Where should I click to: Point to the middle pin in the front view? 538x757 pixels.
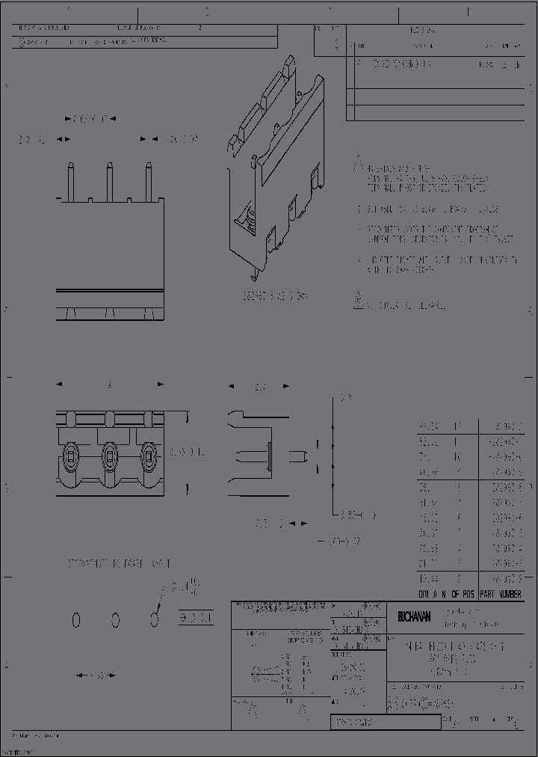[x=109, y=180]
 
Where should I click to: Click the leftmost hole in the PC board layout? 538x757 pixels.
[x=76, y=619]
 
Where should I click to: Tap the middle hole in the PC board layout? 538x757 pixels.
[x=116, y=619]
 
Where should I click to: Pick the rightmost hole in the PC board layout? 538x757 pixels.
[x=155, y=619]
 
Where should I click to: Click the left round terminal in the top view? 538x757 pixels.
[x=70, y=453]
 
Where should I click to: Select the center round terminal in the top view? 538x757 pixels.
[x=110, y=453]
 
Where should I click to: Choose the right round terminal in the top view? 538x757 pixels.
[x=149, y=453]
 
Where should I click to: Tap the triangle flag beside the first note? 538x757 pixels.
[x=359, y=163]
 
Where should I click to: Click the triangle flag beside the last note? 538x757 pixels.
[x=359, y=302]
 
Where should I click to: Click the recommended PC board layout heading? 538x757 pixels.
[x=120, y=563]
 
